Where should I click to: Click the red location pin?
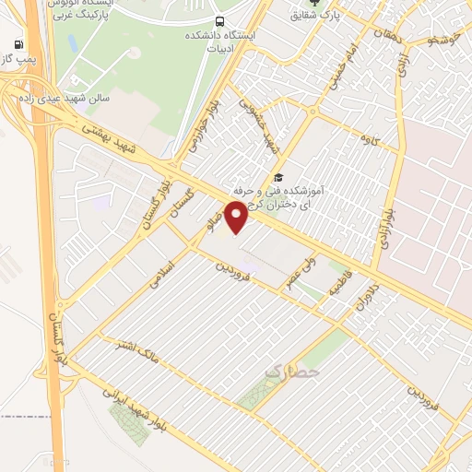click(238, 216)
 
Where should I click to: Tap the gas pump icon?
click(19, 44)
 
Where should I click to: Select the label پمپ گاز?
click(19, 58)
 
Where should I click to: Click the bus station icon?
click(219, 21)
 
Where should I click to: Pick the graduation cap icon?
click(278, 178)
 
